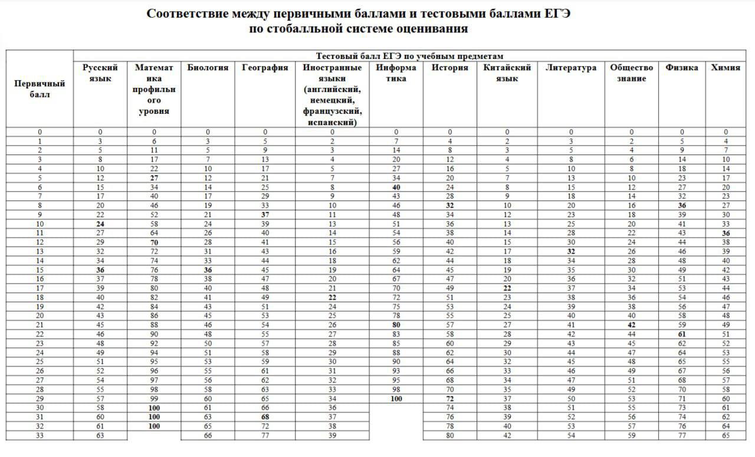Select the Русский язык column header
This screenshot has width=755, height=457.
pyautogui.click(x=100, y=73)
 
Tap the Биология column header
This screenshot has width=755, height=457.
pyautogui.click(x=208, y=68)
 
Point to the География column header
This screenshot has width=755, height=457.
pyautogui.click(x=265, y=68)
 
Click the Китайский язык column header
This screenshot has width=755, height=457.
pyautogui.click(x=507, y=73)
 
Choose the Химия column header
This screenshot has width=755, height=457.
pyautogui.click(x=726, y=68)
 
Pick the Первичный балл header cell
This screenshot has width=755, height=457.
pyautogui.click(x=40, y=88)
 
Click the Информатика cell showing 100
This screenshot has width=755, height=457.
pyautogui.click(x=396, y=399)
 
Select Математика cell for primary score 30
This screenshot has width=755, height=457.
pyautogui.click(x=154, y=407)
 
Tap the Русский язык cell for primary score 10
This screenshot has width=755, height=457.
pyautogui.click(x=100, y=224)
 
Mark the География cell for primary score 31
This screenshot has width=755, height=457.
pyautogui.click(x=265, y=417)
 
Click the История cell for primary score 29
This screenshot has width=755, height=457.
pyautogui.click(x=450, y=399)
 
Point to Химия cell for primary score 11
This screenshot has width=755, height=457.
pyautogui.click(x=726, y=233)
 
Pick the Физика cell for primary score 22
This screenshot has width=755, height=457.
pyautogui.click(x=682, y=334)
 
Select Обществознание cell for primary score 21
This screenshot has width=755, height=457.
pyautogui.click(x=632, y=325)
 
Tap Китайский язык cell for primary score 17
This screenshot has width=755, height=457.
pyautogui.click(x=507, y=288)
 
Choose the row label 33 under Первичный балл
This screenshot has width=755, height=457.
pyautogui.click(x=40, y=436)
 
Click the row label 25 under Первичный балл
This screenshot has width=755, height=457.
pyautogui.click(x=40, y=361)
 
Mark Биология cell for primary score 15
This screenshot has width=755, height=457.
pyautogui.click(x=208, y=270)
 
